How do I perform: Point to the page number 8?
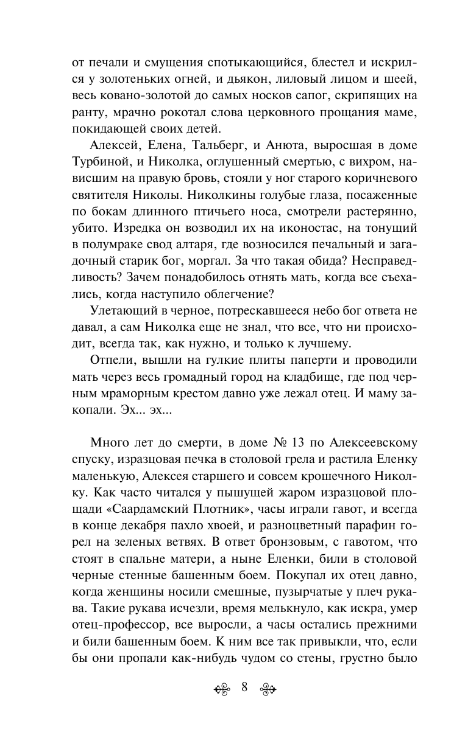tap(244, 688)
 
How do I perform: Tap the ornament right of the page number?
tap(269, 689)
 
